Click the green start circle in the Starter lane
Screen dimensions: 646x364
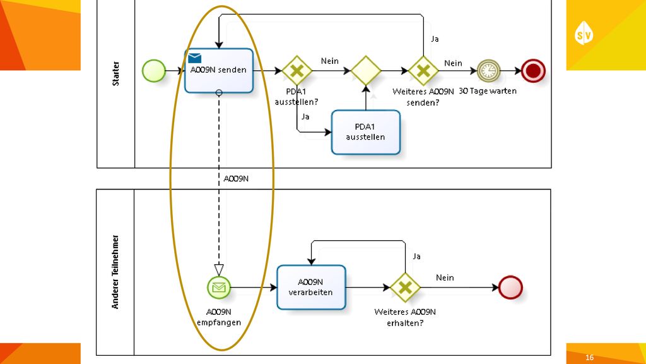click(154, 71)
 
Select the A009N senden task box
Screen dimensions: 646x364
click(219, 71)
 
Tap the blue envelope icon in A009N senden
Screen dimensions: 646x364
click(194, 58)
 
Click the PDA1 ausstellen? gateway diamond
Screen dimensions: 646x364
click(297, 71)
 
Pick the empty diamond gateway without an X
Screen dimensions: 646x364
click(366, 71)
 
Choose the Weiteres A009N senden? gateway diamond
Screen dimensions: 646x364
click(423, 71)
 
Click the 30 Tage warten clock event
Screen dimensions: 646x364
click(488, 71)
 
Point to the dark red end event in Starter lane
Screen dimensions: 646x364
click(533, 71)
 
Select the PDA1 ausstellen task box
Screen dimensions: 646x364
click(365, 132)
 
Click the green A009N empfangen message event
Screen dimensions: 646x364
click(219, 288)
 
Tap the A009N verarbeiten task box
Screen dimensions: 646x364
click(311, 288)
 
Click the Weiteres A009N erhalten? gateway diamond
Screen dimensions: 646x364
click(405, 288)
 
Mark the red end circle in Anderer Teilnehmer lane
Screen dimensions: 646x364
click(510, 288)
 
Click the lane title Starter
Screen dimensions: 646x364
click(116, 73)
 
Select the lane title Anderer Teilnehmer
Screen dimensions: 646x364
click(115, 272)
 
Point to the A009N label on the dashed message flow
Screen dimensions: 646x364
click(236, 179)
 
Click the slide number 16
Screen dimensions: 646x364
click(590, 358)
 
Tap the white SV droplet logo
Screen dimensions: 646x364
click(584, 33)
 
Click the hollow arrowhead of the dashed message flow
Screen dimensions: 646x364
click(219, 270)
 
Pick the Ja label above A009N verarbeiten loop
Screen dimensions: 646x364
click(416, 257)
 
